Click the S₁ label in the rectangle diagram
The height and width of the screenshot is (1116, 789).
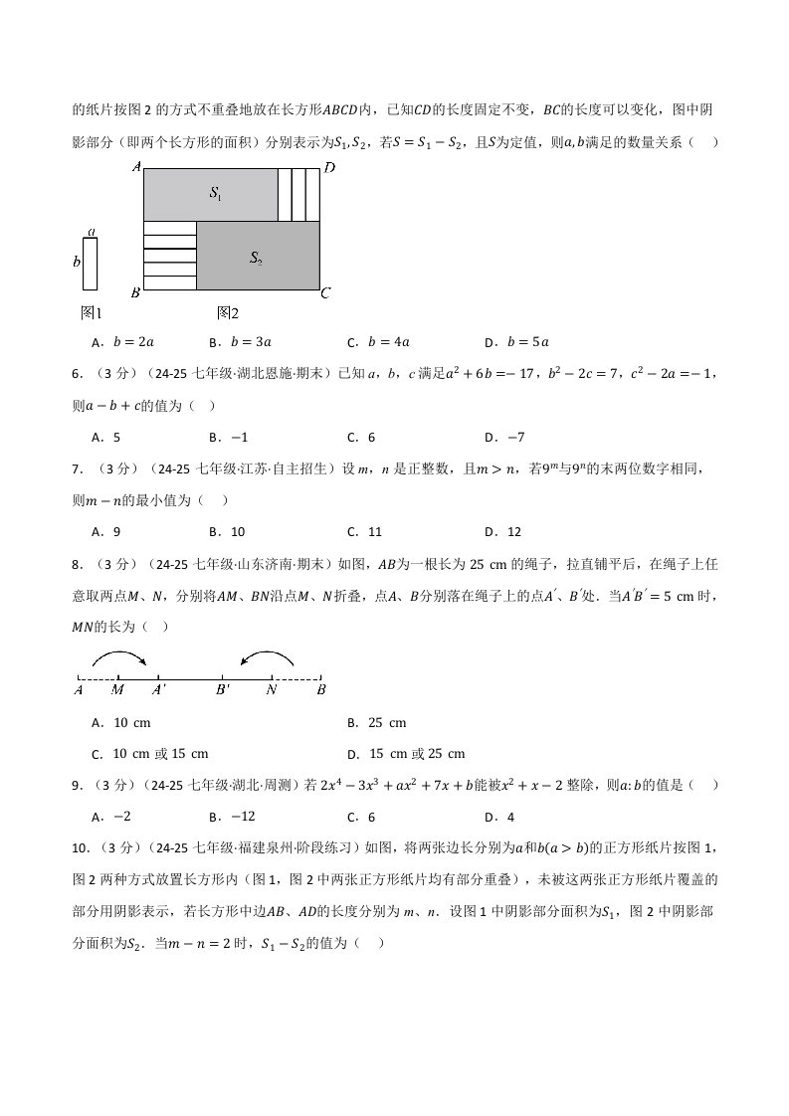point(215,194)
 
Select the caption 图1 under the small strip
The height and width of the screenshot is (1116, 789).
point(91,312)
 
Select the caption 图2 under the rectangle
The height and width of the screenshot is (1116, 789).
point(228,312)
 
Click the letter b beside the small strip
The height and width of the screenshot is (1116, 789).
point(77,263)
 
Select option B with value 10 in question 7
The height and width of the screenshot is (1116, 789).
point(228,531)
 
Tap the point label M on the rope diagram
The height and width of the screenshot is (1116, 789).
point(118,688)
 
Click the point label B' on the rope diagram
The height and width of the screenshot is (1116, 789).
point(223,688)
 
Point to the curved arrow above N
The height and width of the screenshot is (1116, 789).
point(268,655)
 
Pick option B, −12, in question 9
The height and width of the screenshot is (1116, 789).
point(233,817)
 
